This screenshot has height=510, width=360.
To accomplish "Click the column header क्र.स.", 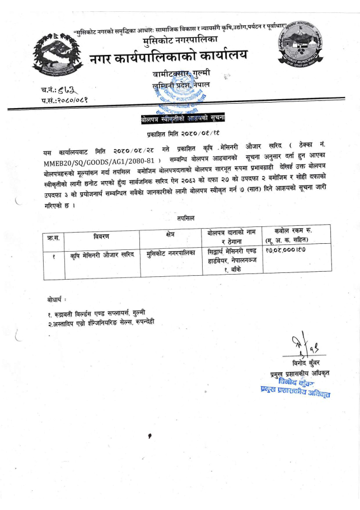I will tap(54, 237).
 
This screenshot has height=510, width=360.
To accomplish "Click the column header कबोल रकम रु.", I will tap(292, 231).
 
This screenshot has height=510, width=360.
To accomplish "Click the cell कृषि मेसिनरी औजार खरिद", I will tap(102, 254).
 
